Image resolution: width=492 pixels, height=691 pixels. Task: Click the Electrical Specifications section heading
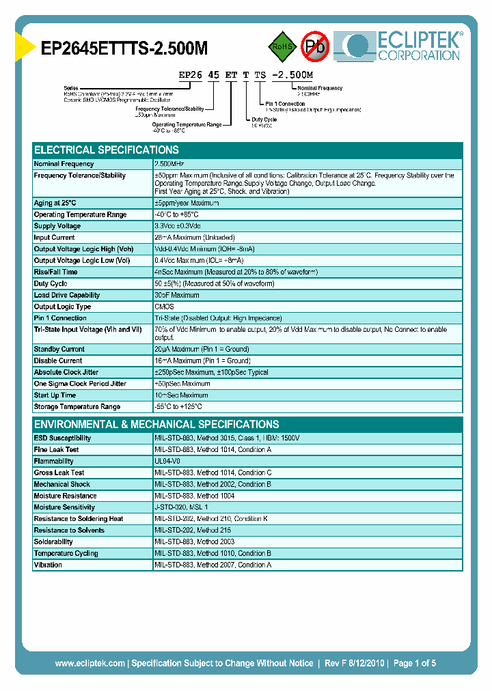[107, 150]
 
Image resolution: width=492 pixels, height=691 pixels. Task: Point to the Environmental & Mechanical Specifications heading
[156, 424]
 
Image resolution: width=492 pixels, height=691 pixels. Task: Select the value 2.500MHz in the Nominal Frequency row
[169, 164]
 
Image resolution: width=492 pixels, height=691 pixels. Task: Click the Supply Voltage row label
[57, 226]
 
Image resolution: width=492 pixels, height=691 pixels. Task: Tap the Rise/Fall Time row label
[55, 272]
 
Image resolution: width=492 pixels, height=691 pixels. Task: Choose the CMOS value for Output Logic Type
[165, 307]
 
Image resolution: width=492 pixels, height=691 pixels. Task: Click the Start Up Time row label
[55, 395]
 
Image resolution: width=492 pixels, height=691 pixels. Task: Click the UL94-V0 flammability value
[168, 461]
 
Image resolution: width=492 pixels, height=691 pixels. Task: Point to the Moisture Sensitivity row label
[64, 507]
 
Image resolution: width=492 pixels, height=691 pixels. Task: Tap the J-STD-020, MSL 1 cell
[181, 507]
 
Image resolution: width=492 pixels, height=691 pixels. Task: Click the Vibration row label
[48, 565]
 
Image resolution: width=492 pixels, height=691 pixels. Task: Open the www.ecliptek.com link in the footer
[90, 663]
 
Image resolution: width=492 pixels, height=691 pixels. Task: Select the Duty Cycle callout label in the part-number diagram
[264, 119]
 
